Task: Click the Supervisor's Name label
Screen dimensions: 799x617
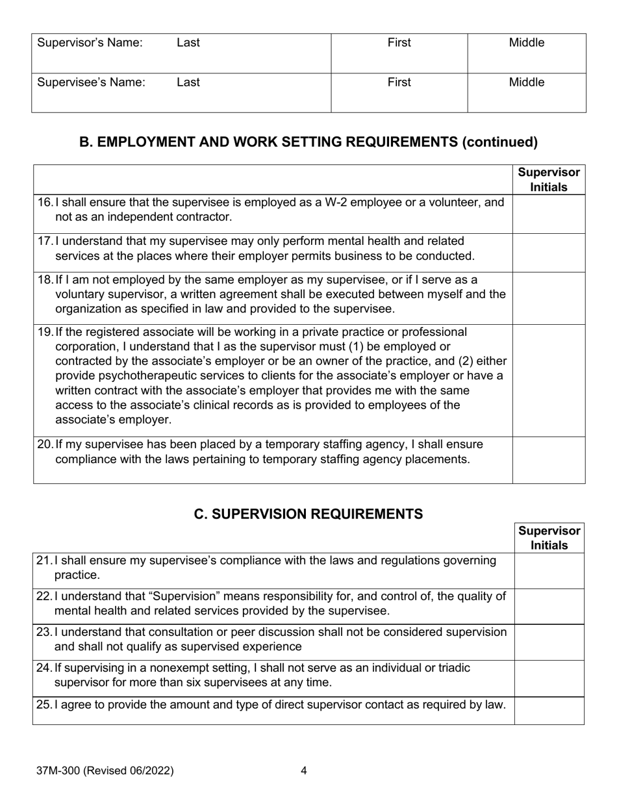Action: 90,44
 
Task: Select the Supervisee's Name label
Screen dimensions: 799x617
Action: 91,82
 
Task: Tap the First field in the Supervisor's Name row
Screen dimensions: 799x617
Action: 399,53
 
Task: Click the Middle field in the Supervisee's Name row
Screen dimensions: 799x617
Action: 526,92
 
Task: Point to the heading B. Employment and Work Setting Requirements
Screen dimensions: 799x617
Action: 308,142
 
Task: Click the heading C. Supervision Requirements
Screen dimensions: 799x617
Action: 308,514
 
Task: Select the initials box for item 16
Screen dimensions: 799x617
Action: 549,213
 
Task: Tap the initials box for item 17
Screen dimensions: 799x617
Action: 549,252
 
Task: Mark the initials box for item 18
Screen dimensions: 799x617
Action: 549,297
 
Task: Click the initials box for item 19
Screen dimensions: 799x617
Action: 549,379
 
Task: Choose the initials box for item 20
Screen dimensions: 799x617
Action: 549,459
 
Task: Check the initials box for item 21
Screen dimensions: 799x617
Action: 549,570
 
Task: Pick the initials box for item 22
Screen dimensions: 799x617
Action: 549,605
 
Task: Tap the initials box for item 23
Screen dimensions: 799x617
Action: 549,641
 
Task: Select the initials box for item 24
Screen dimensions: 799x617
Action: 549,678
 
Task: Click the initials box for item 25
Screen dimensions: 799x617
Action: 549,710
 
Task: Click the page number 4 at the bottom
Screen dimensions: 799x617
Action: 304,771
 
